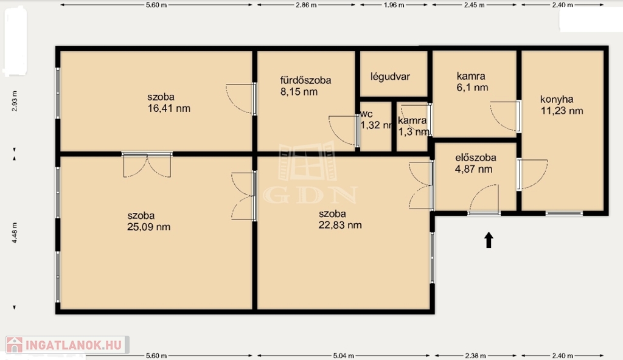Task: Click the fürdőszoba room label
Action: tap(305, 80)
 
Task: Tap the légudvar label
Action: tap(390, 77)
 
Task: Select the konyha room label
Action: tap(557, 100)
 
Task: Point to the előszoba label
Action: tap(476, 157)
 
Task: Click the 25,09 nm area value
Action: tap(148, 227)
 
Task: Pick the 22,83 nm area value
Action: tap(340, 225)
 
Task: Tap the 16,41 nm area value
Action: tap(169, 108)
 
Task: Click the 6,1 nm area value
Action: tap(472, 88)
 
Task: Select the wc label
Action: tap(366, 114)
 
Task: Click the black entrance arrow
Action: tap(489, 240)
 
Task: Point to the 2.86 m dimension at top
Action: tap(306, 5)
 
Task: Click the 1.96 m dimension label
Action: tap(394, 5)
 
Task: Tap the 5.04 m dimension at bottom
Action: tap(343, 356)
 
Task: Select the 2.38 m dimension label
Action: tap(475, 356)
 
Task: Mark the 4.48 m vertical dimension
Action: tap(15, 232)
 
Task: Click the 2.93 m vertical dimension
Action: tap(15, 101)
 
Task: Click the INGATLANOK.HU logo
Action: tap(68, 345)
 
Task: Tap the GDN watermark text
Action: tap(310, 195)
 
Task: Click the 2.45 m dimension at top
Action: tap(475, 5)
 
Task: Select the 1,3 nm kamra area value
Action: tap(414, 132)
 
